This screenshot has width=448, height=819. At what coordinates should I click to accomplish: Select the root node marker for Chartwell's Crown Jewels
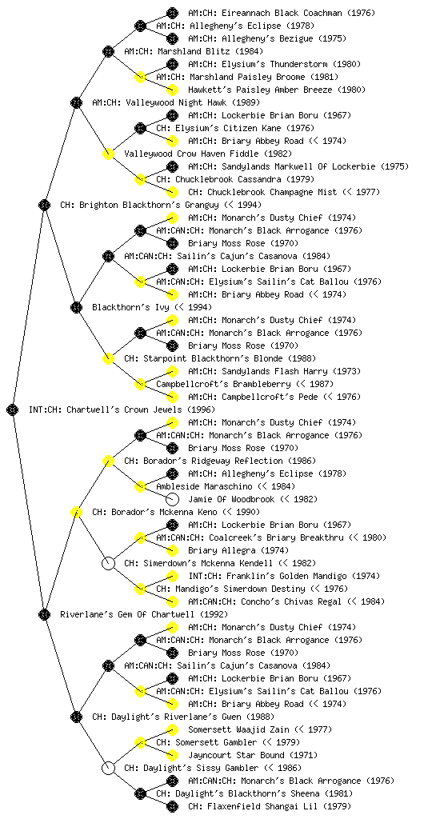pos(13,409)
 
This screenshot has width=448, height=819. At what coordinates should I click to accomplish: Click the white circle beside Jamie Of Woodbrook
pos(172,499)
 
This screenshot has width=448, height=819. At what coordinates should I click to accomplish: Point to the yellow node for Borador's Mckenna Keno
pos(76,512)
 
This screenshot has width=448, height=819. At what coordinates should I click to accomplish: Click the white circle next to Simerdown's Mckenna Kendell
pos(108,563)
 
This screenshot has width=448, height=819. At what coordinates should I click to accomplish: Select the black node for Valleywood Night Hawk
pos(76,102)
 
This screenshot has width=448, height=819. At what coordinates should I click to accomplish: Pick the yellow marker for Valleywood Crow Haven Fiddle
pos(108,154)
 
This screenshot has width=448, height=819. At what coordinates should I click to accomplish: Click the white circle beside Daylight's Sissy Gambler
pos(108,768)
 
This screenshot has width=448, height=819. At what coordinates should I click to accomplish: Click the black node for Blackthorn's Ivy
pos(76,307)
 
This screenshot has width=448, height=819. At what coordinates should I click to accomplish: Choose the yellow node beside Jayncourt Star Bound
pos(172,755)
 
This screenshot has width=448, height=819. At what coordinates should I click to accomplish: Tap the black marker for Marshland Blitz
pos(108,51)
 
